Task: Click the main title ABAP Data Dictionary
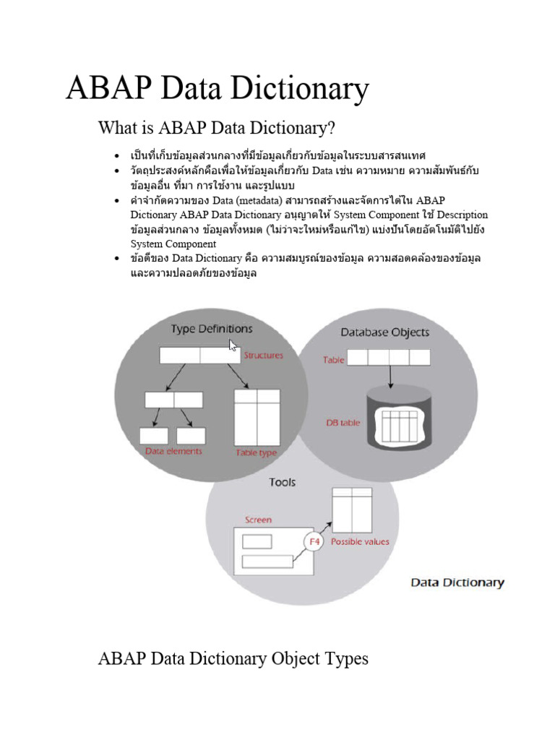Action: pos(217,90)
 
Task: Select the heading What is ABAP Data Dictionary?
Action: pos(217,129)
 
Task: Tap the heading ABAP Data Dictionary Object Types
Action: pos(233,658)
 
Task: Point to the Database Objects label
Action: pos(384,332)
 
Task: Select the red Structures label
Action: pos(263,355)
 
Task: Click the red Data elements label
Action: pos(173,451)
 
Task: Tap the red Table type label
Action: pos(256,452)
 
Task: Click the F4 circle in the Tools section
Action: pos(313,541)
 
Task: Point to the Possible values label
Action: pos(359,541)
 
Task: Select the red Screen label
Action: pos(258,520)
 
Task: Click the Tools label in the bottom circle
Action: pos(283,482)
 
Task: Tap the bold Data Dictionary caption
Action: pos(457,582)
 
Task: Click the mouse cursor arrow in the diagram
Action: pos(233,345)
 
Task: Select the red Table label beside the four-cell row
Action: pos(333,359)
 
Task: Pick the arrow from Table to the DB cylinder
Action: pos(390,376)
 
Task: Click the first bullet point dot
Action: pos(116,156)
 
